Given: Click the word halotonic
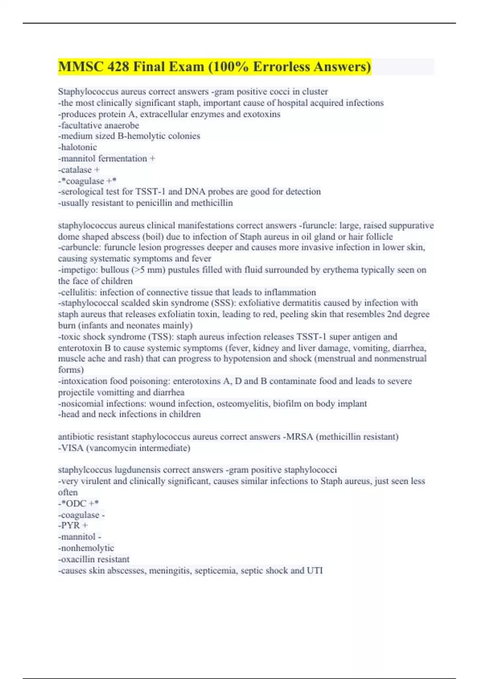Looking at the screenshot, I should point(79,147).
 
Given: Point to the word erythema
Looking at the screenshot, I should point(340,270).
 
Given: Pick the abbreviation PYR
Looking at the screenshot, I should point(70,526).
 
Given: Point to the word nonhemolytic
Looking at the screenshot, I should point(87,548).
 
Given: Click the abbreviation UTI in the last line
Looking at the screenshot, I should point(315,570).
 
